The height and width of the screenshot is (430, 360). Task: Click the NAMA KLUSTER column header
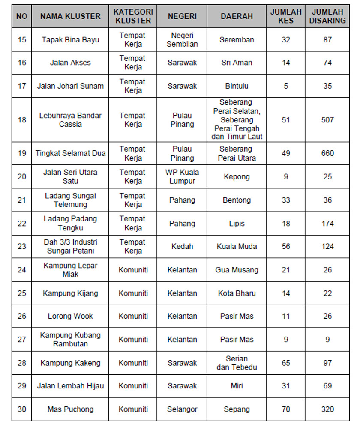70,16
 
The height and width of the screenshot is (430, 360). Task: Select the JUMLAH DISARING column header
328,16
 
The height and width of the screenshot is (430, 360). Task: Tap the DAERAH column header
237,16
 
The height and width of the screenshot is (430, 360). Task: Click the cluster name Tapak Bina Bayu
70,40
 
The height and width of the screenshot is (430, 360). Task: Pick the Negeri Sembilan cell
182,40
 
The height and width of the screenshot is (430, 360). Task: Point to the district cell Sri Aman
237,63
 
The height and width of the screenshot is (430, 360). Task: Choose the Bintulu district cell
237,86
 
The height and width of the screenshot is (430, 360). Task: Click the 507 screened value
328,120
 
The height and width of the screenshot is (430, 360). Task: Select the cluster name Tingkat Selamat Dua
70,153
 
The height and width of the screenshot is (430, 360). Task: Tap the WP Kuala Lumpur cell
182,176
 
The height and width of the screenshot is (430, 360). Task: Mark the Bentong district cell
237,200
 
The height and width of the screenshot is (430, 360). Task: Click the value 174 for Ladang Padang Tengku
328,223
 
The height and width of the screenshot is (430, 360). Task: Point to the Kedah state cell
182,246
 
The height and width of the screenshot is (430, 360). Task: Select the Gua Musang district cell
237,270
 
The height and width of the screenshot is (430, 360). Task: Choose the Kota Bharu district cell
237,293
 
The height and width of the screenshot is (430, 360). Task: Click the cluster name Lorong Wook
70,317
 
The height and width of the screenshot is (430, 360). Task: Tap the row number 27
22,340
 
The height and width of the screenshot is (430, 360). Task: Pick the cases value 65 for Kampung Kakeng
286,363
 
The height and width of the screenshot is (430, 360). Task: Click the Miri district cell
237,386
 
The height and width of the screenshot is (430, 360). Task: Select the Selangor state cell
182,409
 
